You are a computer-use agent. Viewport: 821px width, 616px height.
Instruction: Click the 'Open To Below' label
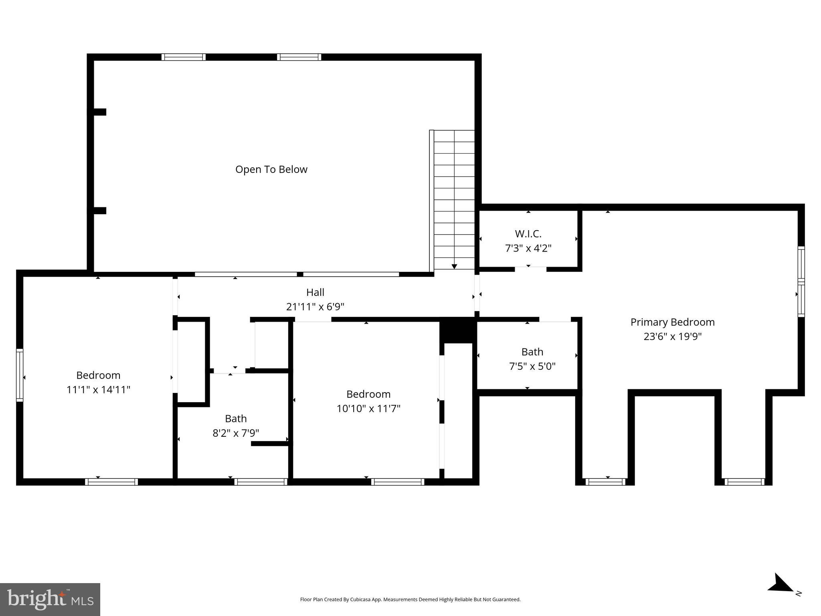(271, 170)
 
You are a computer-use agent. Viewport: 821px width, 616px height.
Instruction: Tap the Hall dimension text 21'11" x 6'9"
(315, 307)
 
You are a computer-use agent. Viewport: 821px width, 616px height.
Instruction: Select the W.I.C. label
(528, 233)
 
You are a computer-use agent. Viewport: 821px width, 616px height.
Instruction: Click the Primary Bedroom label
(672, 322)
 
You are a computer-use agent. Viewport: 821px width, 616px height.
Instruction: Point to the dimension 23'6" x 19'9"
(672, 336)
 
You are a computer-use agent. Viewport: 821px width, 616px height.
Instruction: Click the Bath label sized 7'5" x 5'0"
(532, 352)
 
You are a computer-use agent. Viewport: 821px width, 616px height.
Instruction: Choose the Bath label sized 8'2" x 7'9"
(236, 419)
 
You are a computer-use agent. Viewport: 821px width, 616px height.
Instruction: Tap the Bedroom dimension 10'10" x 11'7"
(368, 409)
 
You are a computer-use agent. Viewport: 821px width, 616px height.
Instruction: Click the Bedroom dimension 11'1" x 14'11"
(98, 390)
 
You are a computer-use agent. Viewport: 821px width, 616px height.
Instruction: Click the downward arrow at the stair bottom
(454, 266)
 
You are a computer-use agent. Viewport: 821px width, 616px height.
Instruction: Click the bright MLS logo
(50, 599)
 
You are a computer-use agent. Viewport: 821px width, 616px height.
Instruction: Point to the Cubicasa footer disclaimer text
(410, 600)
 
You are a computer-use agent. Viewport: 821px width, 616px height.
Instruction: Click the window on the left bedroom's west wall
(20, 375)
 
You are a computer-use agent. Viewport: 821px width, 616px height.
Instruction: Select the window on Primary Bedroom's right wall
(801, 282)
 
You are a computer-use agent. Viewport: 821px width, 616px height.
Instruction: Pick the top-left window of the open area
(184, 57)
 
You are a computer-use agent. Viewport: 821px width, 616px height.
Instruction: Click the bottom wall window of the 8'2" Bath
(261, 482)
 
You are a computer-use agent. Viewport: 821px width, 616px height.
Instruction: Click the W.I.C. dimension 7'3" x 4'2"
(528, 248)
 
